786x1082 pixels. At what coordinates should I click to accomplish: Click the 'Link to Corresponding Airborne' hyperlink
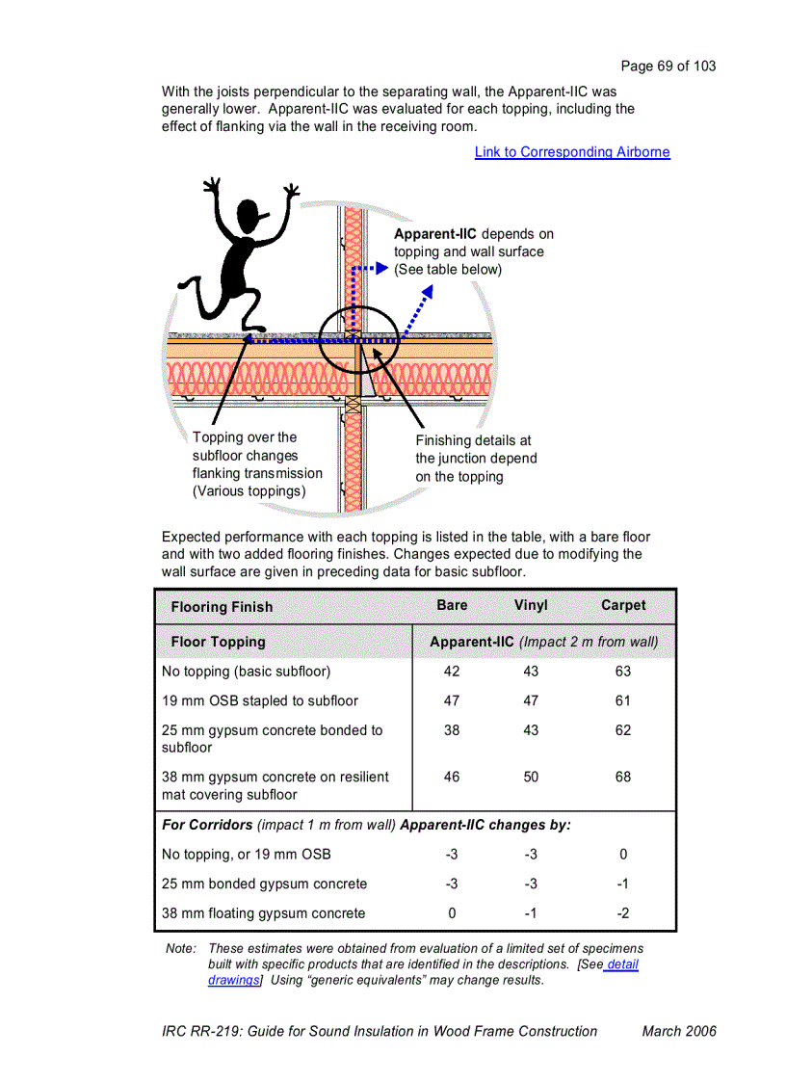(572, 152)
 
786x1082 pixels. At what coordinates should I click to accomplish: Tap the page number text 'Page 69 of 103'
(668, 66)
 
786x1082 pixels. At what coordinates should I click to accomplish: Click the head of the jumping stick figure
(248, 213)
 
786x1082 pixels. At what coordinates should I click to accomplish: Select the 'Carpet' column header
(623, 606)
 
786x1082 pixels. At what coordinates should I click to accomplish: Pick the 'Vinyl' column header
(531, 606)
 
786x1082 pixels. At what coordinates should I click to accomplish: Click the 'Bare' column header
(452, 606)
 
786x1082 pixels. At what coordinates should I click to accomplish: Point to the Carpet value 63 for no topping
(623, 672)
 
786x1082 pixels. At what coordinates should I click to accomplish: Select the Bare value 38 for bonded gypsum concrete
(452, 731)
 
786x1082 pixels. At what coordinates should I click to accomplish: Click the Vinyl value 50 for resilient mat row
(531, 778)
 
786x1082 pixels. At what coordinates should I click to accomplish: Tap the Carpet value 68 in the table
(623, 778)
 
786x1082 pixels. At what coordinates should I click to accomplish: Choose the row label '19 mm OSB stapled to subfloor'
(260, 701)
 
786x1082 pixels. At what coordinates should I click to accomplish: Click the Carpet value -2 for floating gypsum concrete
(623, 913)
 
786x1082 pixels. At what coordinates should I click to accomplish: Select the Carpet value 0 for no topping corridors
(623, 855)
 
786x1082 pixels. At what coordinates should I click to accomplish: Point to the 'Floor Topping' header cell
(218, 643)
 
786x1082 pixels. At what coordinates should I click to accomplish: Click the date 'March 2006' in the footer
(679, 1031)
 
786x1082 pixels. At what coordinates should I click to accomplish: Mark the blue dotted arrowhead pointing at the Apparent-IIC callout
(381, 269)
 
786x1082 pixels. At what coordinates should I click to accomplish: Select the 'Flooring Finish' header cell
(222, 607)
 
